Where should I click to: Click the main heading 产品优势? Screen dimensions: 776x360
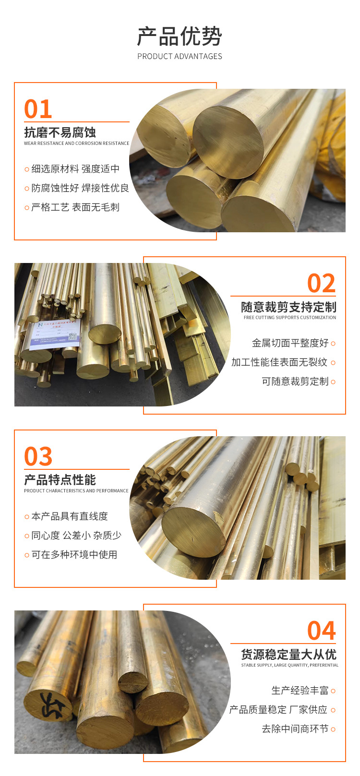pyautogui.click(x=180, y=36)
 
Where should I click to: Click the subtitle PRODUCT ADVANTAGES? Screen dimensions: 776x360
pyautogui.click(x=180, y=56)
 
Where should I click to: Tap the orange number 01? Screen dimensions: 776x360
pyautogui.click(x=38, y=109)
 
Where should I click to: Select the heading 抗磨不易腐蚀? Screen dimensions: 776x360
pyautogui.click(x=60, y=132)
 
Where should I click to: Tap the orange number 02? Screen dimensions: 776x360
pyautogui.click(x=321, y=283)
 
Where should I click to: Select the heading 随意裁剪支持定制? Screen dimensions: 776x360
pyautogui.click(x=288, y=307)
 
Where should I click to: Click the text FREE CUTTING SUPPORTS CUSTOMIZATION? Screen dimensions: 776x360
pyautogui.click(x=290, y=318)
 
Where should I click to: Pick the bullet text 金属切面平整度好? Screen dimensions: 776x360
pyautogui.click(x=290, y=343)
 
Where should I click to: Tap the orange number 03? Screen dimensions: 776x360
pyautogui.click(x=38, y=457)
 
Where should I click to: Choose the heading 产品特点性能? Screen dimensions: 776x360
pyautogui.click(x=60, y=480)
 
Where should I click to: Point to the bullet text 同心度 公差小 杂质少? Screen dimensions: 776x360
pyautogui.click(x=76, y=536)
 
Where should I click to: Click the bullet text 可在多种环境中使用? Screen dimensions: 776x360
pyautogui.click(x=74, y=555)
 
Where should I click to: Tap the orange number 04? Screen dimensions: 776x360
pyautogui.click(x=321, y=631)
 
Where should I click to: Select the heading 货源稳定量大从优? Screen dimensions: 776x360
pyautogui.click(x=288, y=655)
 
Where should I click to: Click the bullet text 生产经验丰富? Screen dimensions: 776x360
pyautogui.click(x=300, y=691)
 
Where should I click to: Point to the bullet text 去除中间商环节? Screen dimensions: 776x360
pyautogui.click(x=295, y=729)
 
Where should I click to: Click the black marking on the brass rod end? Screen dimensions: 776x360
pyautogui.click(x=51, y=705)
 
